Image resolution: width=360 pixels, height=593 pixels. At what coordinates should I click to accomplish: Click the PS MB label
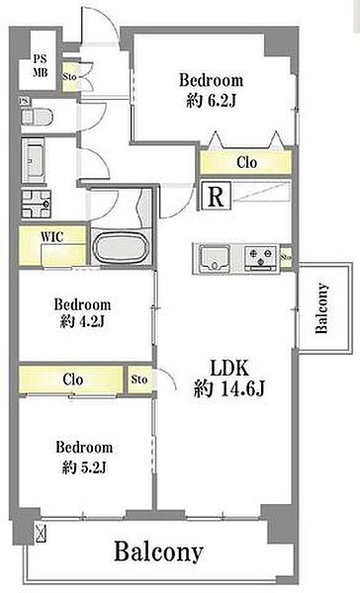40,66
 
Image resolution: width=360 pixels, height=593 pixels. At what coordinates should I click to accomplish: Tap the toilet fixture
37,117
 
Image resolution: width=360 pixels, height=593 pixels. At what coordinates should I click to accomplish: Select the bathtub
121,246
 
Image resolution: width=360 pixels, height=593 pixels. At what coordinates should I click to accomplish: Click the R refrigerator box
216,196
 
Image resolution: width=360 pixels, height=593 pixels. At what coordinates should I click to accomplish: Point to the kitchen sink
215,258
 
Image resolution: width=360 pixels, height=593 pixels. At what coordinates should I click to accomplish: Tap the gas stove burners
260,257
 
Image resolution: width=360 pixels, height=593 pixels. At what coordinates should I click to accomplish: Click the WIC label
51,237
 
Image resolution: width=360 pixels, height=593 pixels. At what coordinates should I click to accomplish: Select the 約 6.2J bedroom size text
212,101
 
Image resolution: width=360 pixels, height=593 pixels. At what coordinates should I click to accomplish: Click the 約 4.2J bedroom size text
82,321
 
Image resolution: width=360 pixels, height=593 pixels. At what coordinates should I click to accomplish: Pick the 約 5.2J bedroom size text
84,467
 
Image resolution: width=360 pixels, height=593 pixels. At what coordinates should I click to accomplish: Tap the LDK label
228,368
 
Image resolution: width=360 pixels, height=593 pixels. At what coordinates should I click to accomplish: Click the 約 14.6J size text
229,388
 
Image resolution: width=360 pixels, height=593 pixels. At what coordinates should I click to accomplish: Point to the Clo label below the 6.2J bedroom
246,163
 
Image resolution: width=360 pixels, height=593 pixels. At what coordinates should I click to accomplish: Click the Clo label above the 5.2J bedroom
72,380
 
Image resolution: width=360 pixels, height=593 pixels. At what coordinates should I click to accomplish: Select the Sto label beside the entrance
69,77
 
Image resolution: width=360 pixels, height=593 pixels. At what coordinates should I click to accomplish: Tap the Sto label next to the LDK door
138,379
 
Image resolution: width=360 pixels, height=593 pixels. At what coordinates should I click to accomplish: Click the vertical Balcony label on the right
321,307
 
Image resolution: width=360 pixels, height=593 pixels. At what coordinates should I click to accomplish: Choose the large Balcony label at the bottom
158,552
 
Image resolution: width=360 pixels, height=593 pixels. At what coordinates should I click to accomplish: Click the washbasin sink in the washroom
34,160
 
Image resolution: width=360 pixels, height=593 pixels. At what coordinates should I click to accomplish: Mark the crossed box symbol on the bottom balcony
41,533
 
